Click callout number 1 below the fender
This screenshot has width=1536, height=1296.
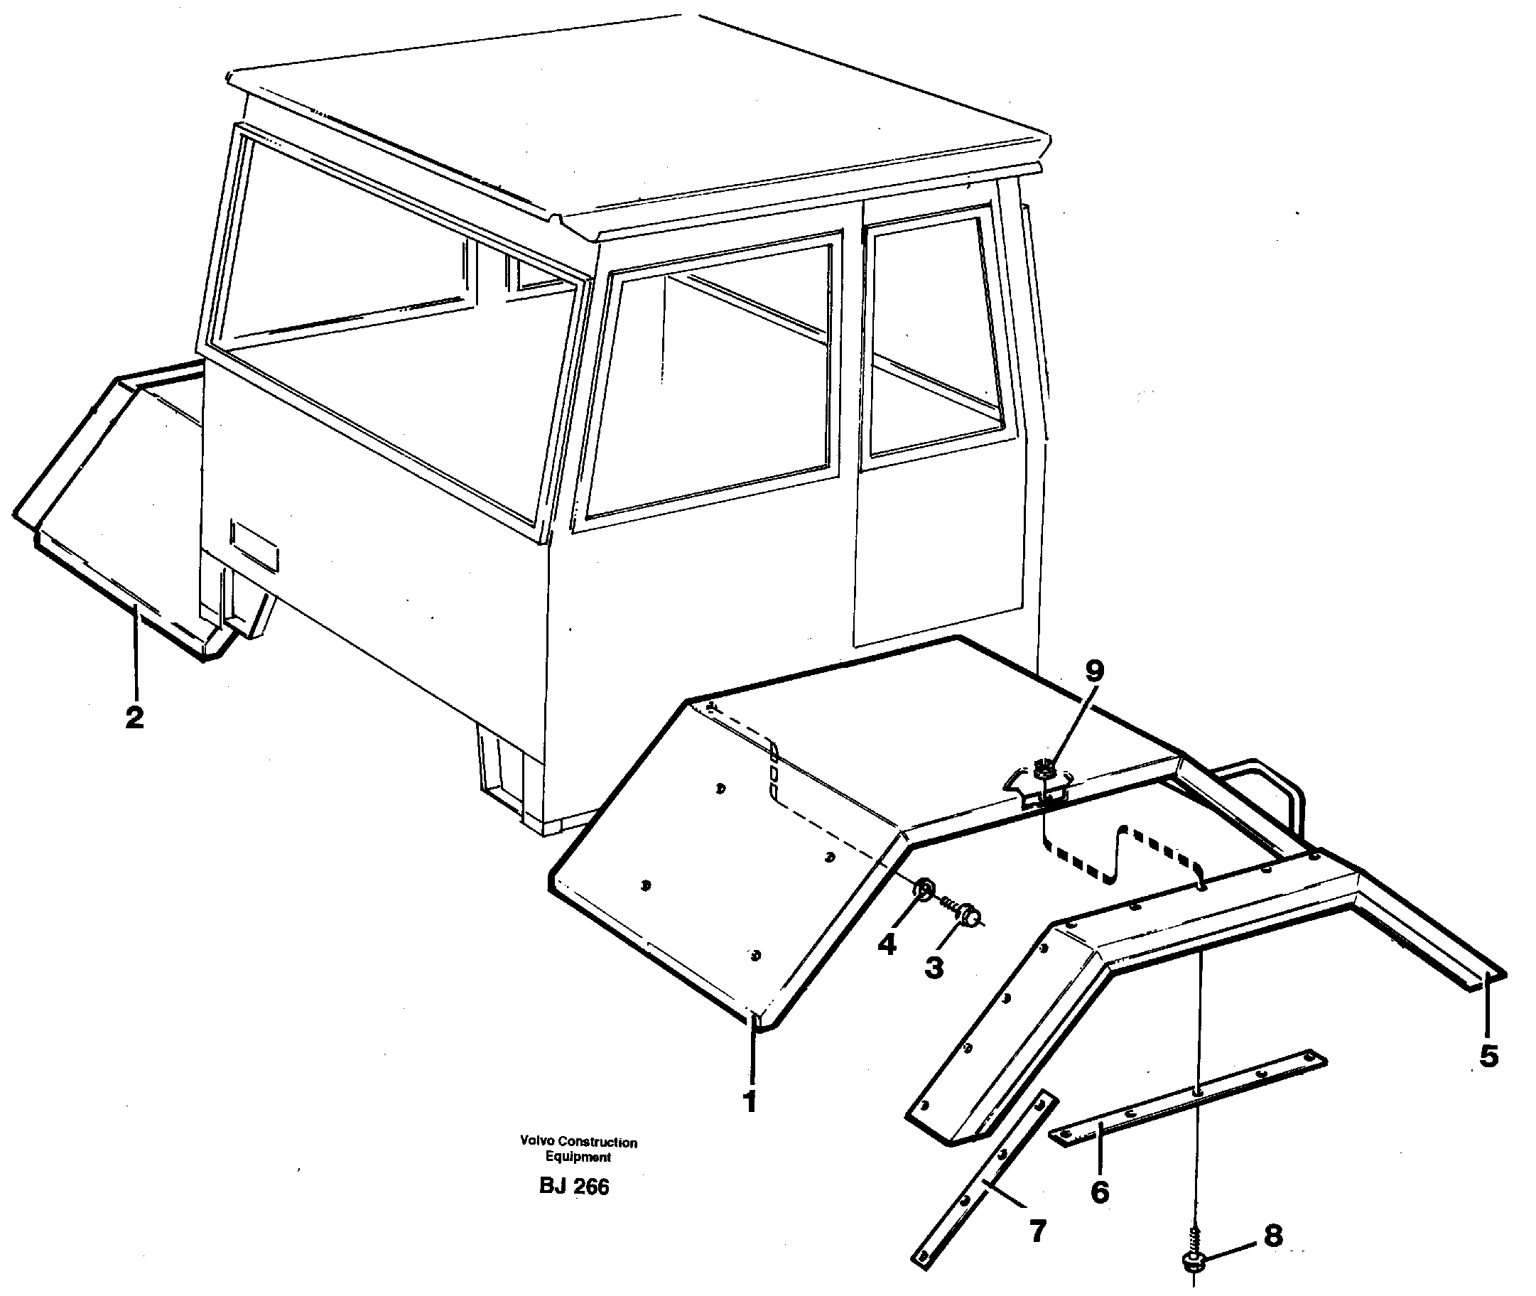tap(750, 1101)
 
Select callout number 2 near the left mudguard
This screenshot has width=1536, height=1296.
tap(134, 717)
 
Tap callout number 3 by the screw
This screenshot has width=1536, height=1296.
tap(934, 968)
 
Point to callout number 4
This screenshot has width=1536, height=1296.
tap(887, 944)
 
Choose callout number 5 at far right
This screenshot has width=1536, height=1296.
tap(1489, 1057)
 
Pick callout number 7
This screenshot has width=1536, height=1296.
tap(1037, 1231)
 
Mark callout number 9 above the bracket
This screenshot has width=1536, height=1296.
tap(1094, 670)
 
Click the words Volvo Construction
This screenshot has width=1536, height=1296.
tap(578, 1142)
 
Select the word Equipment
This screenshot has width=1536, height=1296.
tap(578, 1157)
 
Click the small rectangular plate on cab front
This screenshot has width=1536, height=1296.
tap(254, 544)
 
